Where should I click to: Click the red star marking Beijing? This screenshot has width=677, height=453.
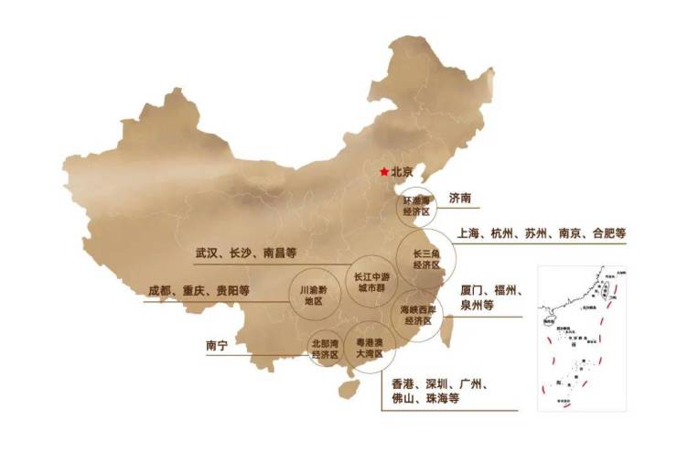pos(383,171)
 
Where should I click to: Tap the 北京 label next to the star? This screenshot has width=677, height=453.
pos(403,171)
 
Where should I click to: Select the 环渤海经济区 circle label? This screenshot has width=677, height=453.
pos(416,206)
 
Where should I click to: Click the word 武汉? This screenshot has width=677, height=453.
pos(207,253)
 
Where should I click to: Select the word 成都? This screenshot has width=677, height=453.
pos(160,291)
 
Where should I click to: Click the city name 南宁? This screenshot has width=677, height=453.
pos(216,346)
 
